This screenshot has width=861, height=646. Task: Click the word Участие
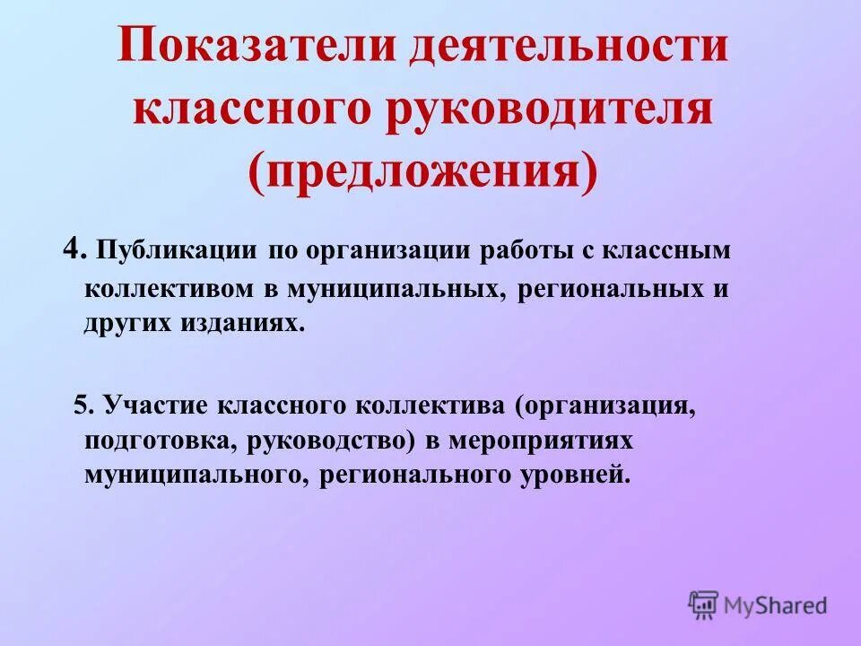point(154,405)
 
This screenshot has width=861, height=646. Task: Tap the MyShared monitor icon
point(704,603)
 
